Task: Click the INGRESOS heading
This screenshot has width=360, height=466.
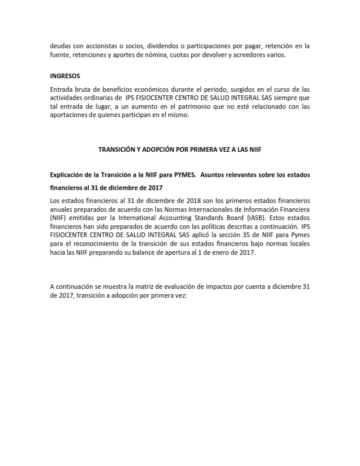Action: click(65, 76)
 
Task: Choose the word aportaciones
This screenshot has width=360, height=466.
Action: click(71, 115)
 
